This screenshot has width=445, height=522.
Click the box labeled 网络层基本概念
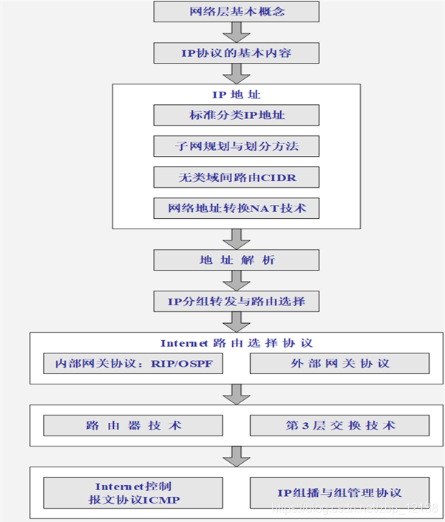237,12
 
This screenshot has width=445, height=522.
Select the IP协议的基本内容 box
237,53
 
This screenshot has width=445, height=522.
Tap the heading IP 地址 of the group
237,95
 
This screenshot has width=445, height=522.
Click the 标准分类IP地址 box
237,115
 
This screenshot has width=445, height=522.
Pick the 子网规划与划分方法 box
237,146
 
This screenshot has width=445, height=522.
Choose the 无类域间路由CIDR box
237,177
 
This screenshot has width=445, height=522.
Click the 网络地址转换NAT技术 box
237,209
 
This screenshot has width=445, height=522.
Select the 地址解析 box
237,260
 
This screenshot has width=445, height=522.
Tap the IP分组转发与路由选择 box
237,301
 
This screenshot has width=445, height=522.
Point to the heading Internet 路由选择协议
237,343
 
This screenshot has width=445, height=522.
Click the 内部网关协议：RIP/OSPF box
133,364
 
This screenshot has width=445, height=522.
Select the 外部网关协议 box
339,364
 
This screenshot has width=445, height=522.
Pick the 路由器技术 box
133,425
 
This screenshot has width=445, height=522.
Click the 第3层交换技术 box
339,425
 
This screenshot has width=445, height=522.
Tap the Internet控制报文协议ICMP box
133,492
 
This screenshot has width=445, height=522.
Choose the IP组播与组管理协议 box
339,492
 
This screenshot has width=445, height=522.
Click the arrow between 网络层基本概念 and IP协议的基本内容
237,33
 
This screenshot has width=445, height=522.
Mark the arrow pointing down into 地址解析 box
237,239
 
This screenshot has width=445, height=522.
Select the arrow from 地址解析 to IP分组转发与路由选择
237,280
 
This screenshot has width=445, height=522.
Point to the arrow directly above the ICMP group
237,455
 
